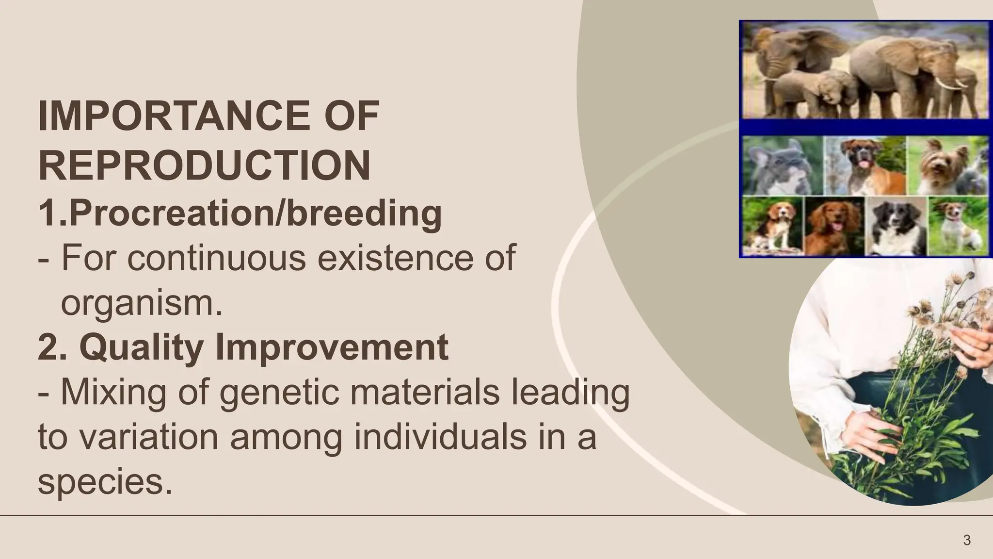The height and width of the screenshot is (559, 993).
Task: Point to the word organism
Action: (141, 303)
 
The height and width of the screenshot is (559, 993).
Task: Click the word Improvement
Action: (332, 347)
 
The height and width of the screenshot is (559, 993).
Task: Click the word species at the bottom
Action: (105, 482)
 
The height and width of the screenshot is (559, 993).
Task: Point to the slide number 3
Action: (967, 540)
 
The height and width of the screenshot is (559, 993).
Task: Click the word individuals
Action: (440, 437)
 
